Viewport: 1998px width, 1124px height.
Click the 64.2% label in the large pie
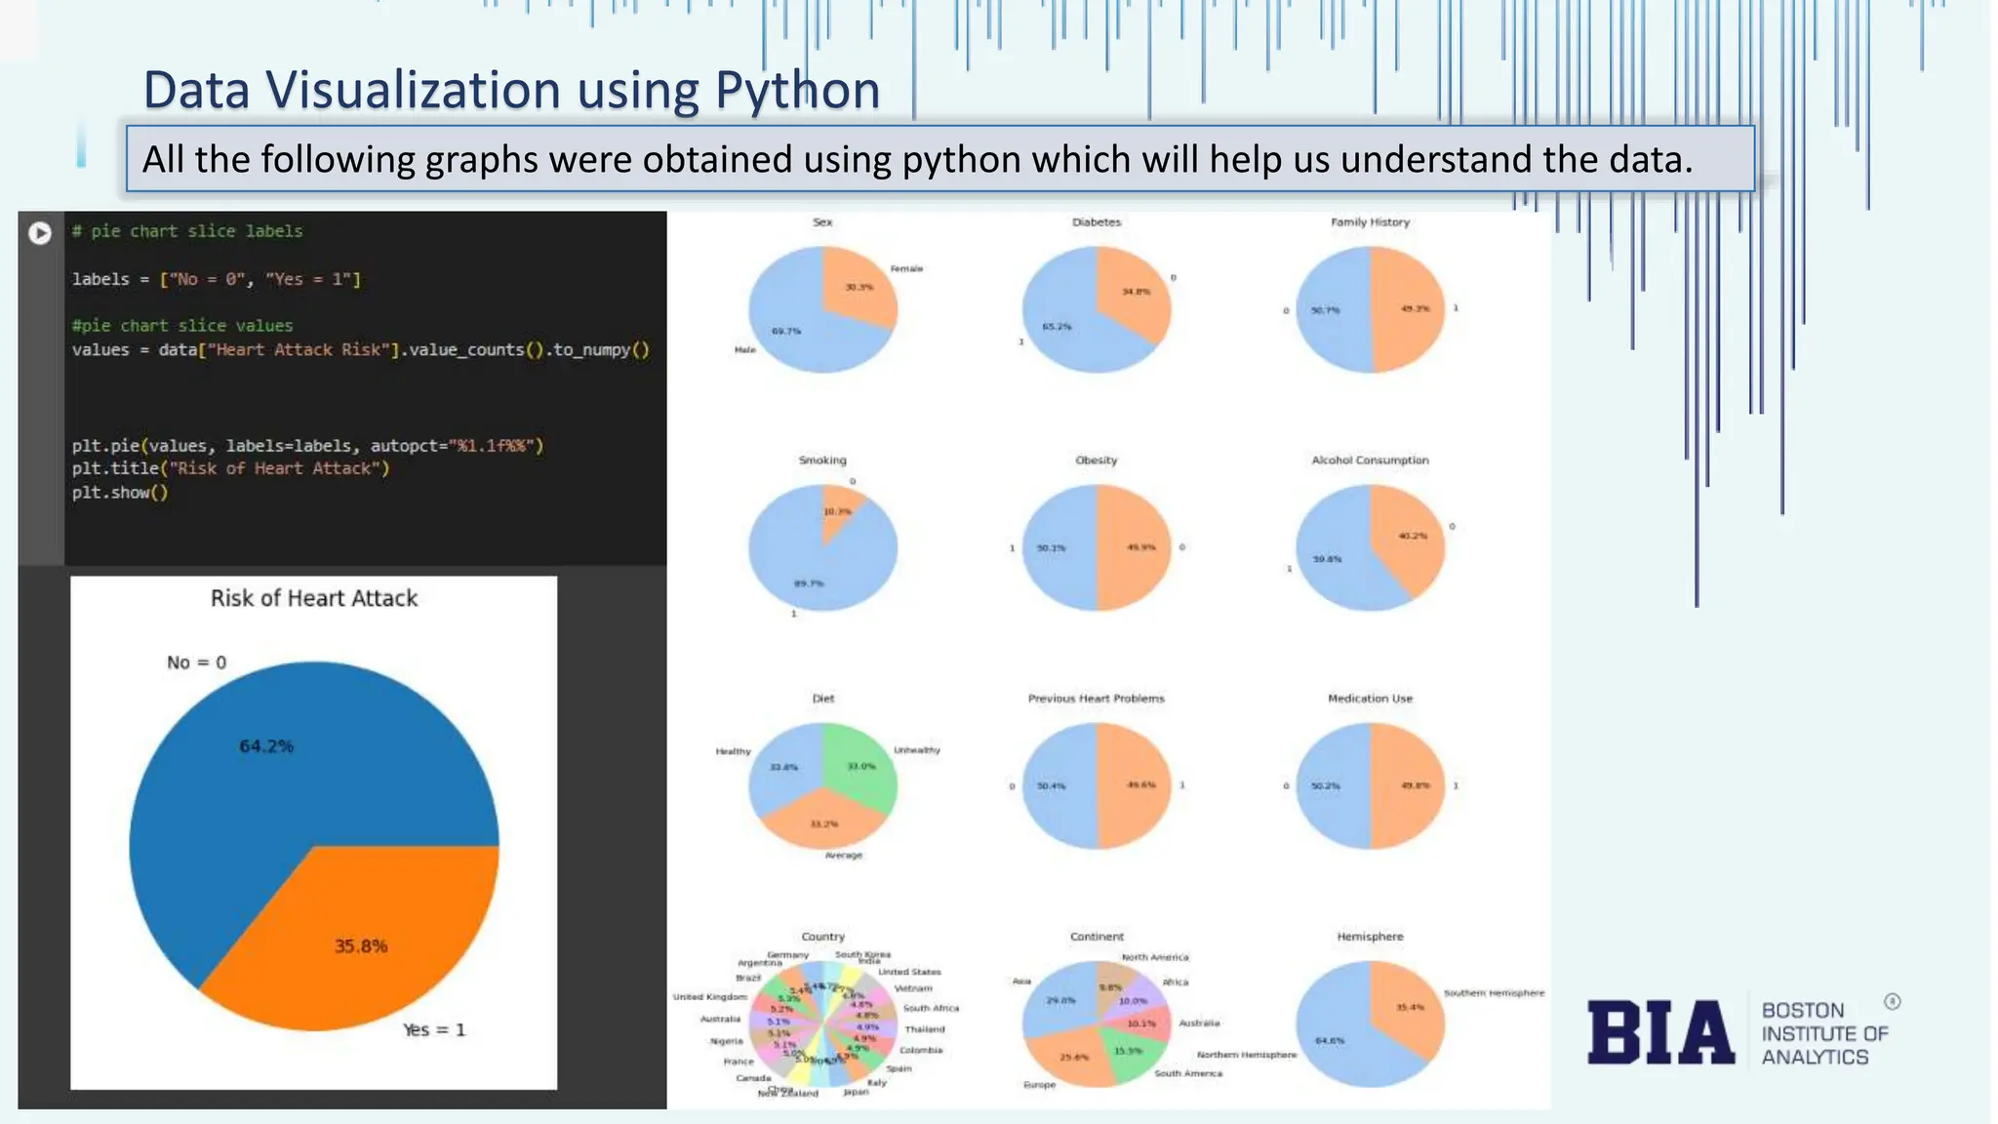click(266, 746)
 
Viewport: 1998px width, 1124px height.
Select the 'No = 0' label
click(196, 662)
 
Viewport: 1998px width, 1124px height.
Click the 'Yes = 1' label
click(434, 1029)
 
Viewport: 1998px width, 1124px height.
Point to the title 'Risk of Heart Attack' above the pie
click(314, 598)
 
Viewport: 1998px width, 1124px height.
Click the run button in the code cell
click(40, 233)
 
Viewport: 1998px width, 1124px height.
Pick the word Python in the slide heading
click(797, 90)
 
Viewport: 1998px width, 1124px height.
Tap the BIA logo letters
click(1660, 1032)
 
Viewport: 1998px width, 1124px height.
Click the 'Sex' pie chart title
click(822, 222)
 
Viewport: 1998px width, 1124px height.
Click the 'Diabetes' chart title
click(1097, 222)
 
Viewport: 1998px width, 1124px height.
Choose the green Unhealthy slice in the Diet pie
click(859, 766)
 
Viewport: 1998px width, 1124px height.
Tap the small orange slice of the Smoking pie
click(839, 507)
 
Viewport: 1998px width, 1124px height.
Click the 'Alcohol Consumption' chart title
click(1370, 461)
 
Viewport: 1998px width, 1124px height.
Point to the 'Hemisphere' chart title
click(1370, 937)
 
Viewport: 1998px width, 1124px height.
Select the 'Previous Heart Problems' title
click(1096, 699)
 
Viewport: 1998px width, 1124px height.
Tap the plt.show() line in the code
click(120, 493)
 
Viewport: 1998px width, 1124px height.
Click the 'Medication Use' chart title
click(1370, 699)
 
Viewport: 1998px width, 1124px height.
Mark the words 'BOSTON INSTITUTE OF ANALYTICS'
click(1822, 1033)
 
